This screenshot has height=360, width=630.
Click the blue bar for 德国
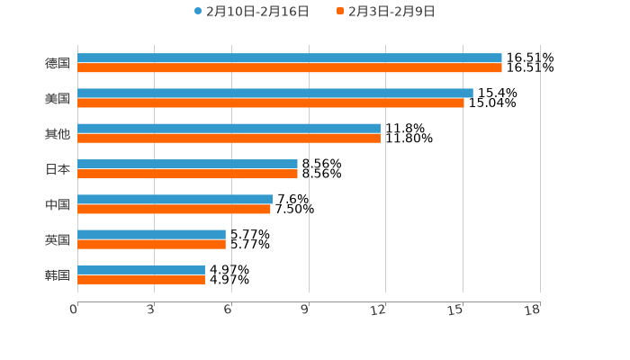click(290, 58)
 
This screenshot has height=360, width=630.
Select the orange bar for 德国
click(290, 67)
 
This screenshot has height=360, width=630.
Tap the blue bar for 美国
click(275, 93)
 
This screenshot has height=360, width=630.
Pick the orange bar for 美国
click(271, 103)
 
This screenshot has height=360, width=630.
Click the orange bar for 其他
click(229, 139)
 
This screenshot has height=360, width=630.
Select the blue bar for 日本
click(187, 164)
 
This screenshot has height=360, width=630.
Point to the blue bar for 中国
click(175, 199)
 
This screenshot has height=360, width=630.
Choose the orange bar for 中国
click(174, 209)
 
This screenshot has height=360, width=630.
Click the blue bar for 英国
click(151, 234)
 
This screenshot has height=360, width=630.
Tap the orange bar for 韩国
click(141, 280)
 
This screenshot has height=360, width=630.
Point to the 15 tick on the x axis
click(456, 310)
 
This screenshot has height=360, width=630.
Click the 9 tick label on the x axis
click(305, 310)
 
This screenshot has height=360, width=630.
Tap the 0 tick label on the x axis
click(74, 310)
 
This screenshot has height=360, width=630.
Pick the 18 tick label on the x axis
click(533, 310)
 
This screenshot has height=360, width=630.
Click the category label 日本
click(58, 169)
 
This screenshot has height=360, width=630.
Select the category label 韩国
click(58, 274)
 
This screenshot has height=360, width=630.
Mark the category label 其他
click(58, 133)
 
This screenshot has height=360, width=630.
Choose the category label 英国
click(58, 239)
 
